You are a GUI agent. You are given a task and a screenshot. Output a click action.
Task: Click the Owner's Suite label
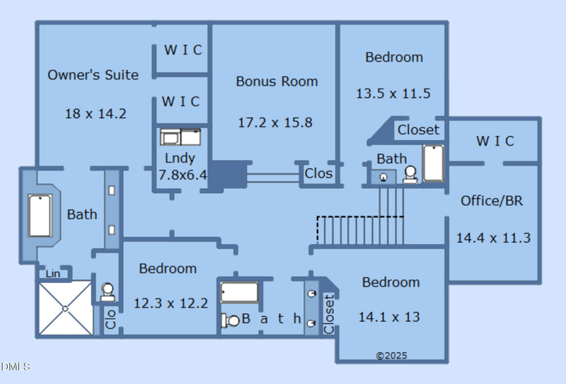(x=93, y=75)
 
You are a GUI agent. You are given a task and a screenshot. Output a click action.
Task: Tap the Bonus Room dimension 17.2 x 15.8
(x=275, y=122)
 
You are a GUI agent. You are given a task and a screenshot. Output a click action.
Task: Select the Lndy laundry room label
(x=180, y=158)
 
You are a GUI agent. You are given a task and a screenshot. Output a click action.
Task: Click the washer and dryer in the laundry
(x=181, y=136)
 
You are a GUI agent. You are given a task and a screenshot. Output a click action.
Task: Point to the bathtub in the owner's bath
(x=40, y=215)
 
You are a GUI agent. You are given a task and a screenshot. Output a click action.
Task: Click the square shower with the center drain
(x=64, y=308)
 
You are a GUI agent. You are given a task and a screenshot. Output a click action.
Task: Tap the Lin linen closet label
(x=53, y=274)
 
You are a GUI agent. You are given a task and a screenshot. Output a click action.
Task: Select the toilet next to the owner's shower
(x=108, y=291)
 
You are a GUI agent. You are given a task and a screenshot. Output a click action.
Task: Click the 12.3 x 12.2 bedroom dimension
(x=171, y=303)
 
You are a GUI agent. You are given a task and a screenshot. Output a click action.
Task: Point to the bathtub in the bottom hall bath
(x=239, y=292)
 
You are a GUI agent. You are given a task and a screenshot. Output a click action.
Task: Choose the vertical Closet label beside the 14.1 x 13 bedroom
(x=329, y=314)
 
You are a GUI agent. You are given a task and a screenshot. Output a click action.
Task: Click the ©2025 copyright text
(x=391, y=355)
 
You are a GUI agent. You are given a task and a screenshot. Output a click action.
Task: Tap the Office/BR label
(x=492, y=201)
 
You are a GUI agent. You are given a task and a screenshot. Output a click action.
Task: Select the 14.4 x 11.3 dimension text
(x=492, y=238)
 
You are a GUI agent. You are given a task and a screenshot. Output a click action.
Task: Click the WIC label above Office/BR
(x=495, y=141)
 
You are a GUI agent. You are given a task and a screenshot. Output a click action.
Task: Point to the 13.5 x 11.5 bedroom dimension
(x=393, y=93)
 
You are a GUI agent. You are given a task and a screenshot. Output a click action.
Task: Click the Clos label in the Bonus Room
(x=318, y=173)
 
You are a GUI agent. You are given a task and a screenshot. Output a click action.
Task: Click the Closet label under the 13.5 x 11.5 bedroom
(x=418, y=130)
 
